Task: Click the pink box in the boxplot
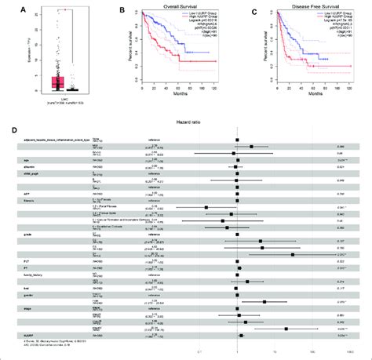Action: tap(57, 82)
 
